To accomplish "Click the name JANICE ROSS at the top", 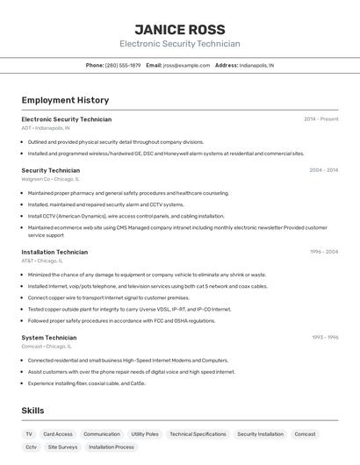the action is [179, 29].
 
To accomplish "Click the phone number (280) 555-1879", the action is [123, 65].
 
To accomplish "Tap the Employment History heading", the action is [65, 100].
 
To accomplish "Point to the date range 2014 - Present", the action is [320, 119].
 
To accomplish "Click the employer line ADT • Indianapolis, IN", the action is [46, 128].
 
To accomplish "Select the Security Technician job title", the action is [50, 170].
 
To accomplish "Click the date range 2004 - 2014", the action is [323, 170].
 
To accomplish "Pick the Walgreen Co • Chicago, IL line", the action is [48, 179].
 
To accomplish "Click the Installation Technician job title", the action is [54, 252].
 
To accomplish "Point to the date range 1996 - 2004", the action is [323, 252].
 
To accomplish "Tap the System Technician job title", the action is [48, 337].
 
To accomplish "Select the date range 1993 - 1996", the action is [324, 337].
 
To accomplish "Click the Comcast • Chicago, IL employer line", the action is [44, 346].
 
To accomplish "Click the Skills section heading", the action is [32, 410].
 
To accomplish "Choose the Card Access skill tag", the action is [58, 433].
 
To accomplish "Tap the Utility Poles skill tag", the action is [145, 433].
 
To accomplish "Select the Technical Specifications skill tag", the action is [198, 433].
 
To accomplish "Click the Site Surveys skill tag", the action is [62, 447].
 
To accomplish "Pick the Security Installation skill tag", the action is [260, 433].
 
